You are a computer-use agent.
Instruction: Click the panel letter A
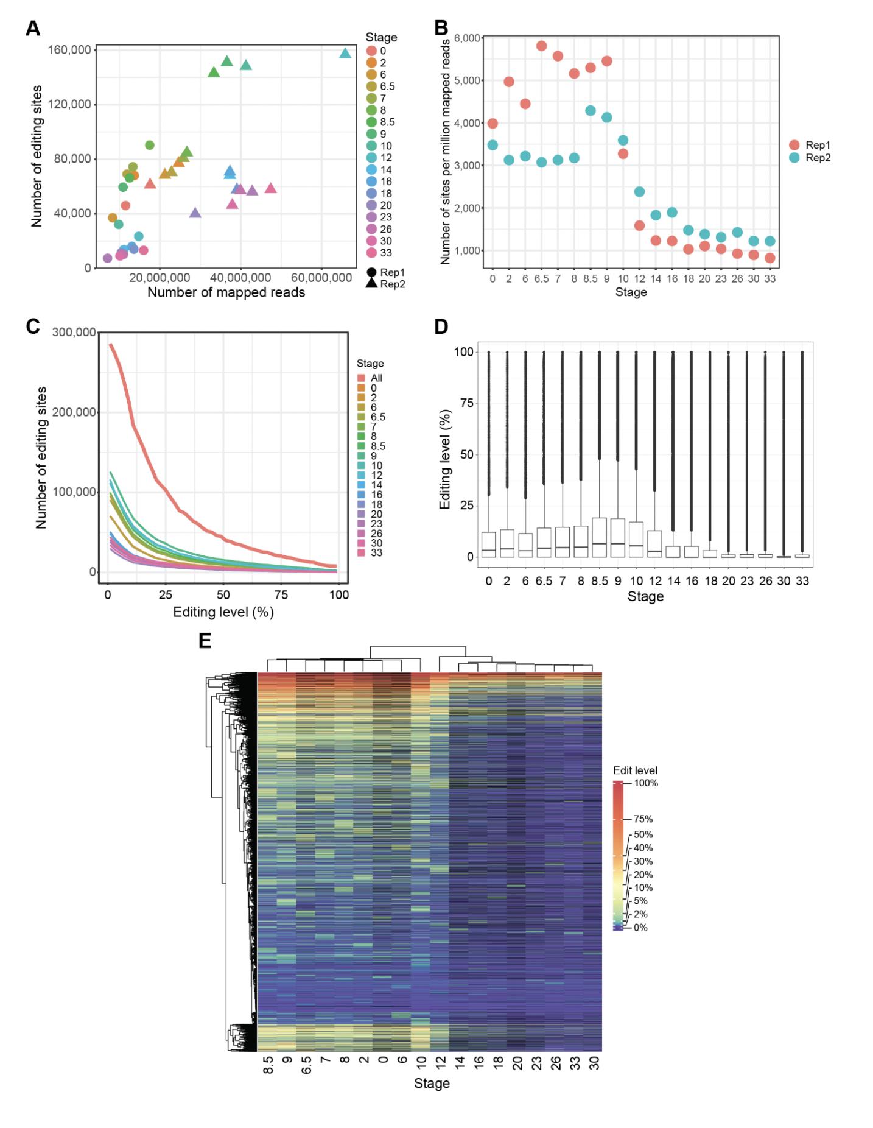pos(33,28)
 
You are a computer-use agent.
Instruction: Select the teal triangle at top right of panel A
pos(345,54)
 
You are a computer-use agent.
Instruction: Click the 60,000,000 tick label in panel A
pos(321,278)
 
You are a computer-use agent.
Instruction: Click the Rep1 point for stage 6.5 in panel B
pos(541,46)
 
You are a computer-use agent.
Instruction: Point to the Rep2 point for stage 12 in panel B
pos(639,192)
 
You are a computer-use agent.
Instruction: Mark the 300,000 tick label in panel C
pos(74,332)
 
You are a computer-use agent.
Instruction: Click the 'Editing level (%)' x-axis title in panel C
pos(223,612)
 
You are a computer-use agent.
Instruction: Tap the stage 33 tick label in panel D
pos(802,581)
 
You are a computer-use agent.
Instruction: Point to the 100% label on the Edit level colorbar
pos(645,783)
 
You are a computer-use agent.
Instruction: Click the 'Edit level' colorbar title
pos(635,770)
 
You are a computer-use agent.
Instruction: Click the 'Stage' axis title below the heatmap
pos(432,1084)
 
